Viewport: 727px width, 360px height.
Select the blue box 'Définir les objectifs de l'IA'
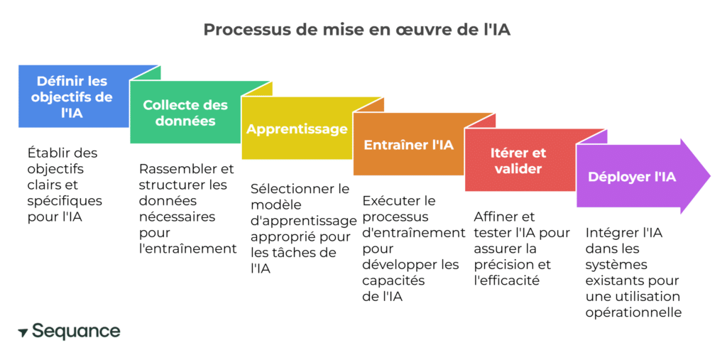coord(71,97)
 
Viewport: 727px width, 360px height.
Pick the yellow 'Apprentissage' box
coord(297,129)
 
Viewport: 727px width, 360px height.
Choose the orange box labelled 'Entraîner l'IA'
coord(408,145)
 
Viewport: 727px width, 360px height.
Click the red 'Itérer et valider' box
coord(519,160)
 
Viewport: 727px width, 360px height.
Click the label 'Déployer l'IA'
coord(632,177)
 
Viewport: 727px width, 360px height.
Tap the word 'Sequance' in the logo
coord(76,331)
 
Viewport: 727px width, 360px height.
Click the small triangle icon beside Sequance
coord(23,332)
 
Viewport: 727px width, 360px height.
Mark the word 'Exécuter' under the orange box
coord(390,201)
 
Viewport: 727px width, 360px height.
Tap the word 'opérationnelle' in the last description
coord(633,312)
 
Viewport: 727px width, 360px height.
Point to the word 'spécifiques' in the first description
coord(65,201)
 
